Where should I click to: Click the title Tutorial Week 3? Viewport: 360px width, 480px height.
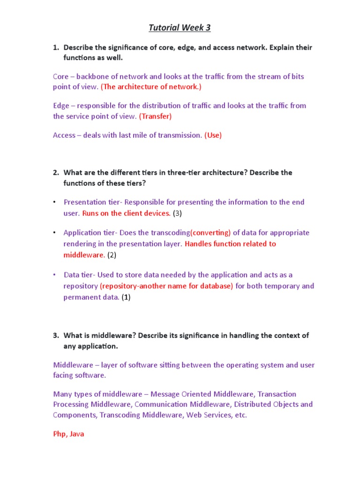tap(180, 28)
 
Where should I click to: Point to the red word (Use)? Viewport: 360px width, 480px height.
tap(213, 135)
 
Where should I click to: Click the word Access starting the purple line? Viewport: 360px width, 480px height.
tap(64, 135)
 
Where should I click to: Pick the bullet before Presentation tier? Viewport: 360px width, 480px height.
tap(54, 202)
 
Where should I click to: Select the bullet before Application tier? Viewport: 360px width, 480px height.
tap(54, 232)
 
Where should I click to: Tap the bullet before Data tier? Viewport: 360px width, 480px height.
tap(54, 275)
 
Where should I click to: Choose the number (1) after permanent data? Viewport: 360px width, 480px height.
tap(126, 297)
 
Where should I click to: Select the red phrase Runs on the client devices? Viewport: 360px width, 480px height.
tap(127, 213)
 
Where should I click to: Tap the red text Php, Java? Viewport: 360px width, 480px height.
tap(68, 434)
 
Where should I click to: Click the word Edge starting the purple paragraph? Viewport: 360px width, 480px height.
tap(61, 105)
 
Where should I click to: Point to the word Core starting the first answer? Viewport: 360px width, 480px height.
tap(61, 76)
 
